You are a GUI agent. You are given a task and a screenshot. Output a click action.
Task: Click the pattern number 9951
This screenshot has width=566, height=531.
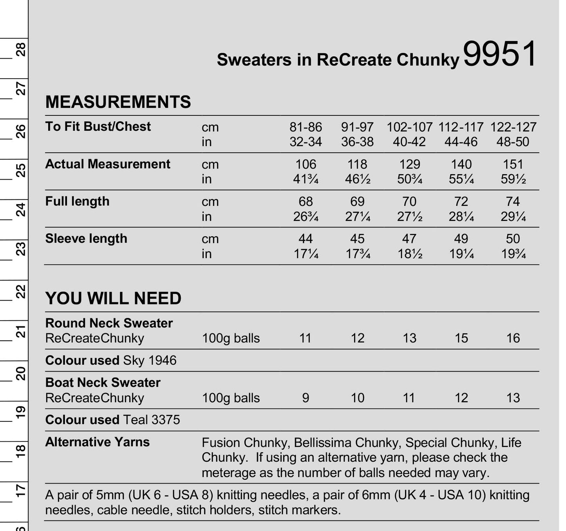pyautogui.click(x=500, y=54)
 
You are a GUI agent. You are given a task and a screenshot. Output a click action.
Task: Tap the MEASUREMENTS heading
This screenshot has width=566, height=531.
pyautogui.click(x=118, y=102)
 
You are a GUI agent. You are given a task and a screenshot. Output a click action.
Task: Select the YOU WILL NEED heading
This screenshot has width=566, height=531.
pyautogui.click(x=113, y=299)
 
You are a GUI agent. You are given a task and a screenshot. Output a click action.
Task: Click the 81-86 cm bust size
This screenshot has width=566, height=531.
pyautogui.click(x=306, y=127)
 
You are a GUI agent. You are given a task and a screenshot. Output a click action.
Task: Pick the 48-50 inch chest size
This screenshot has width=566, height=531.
pyautogui.click(x=513, y=142)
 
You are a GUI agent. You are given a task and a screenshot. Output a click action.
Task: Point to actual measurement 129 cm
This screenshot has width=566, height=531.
pyautogui.click(x=409, y=164)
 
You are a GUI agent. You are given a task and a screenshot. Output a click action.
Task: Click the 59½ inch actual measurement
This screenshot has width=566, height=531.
pyautogui.click(x=513, y=179)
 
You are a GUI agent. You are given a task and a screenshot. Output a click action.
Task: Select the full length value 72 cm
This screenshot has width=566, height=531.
pyautogui.click(x=461, y=202)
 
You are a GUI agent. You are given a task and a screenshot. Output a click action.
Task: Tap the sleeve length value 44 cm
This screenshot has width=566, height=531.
pyautogui.click(x=306, y=239)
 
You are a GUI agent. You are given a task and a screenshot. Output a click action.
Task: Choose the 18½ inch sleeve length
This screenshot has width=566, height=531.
pyautogui.click(x=410, y=254)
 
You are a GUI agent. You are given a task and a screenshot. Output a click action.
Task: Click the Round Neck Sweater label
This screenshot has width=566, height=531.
pyautogui.click(x=109, y=323)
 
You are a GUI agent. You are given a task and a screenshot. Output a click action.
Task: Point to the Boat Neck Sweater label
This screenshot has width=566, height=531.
pyautogui.click(x=103, y=383)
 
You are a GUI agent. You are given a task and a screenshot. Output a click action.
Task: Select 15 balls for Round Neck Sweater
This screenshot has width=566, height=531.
pyautogui.click(x=461, y=338)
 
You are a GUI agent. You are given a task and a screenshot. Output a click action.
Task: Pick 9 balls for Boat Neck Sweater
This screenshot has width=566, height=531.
pyautogui.click(x=306, y=398)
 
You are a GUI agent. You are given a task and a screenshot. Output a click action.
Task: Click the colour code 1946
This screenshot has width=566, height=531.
pyautogui.click(x=162, y=360)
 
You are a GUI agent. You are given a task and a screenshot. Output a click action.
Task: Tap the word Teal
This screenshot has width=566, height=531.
pyautogui.click(x=136, y=420)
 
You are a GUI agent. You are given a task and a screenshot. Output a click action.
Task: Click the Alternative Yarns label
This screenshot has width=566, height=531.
pyautogui.click(x=97, y=442)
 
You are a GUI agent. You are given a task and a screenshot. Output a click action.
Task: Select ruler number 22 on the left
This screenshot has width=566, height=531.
pyautogui.click(x=20, y=292)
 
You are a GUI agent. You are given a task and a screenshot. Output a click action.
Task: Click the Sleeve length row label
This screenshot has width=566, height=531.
pyautogui.click(x=86, y=239)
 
